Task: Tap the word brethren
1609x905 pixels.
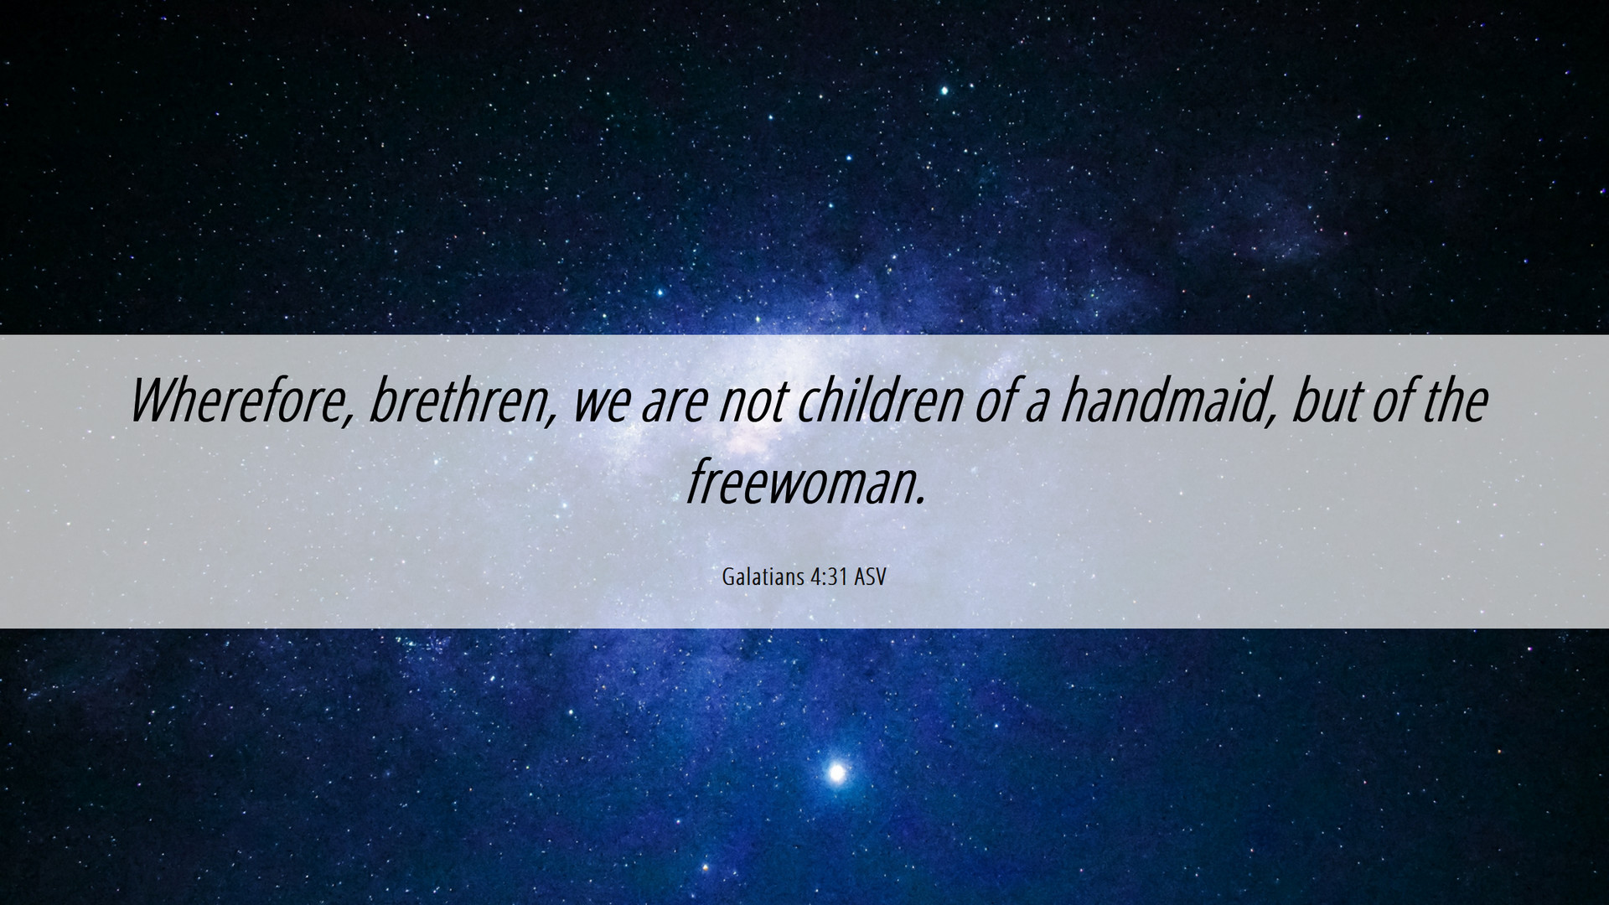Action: pos(457,401)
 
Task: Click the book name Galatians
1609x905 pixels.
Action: pos(763,577)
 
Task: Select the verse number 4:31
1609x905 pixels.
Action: pos(830,577)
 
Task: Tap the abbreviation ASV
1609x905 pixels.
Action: pos(871,577)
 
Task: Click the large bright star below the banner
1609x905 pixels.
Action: pos(836,772)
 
